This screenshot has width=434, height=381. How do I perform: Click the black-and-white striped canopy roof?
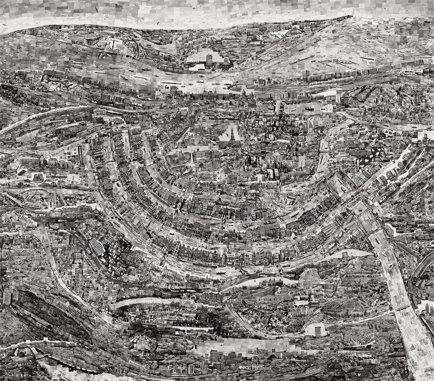click(97, 246)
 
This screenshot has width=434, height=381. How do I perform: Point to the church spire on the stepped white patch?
click(232, 133)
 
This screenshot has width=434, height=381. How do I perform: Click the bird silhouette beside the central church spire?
click(227, 134)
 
